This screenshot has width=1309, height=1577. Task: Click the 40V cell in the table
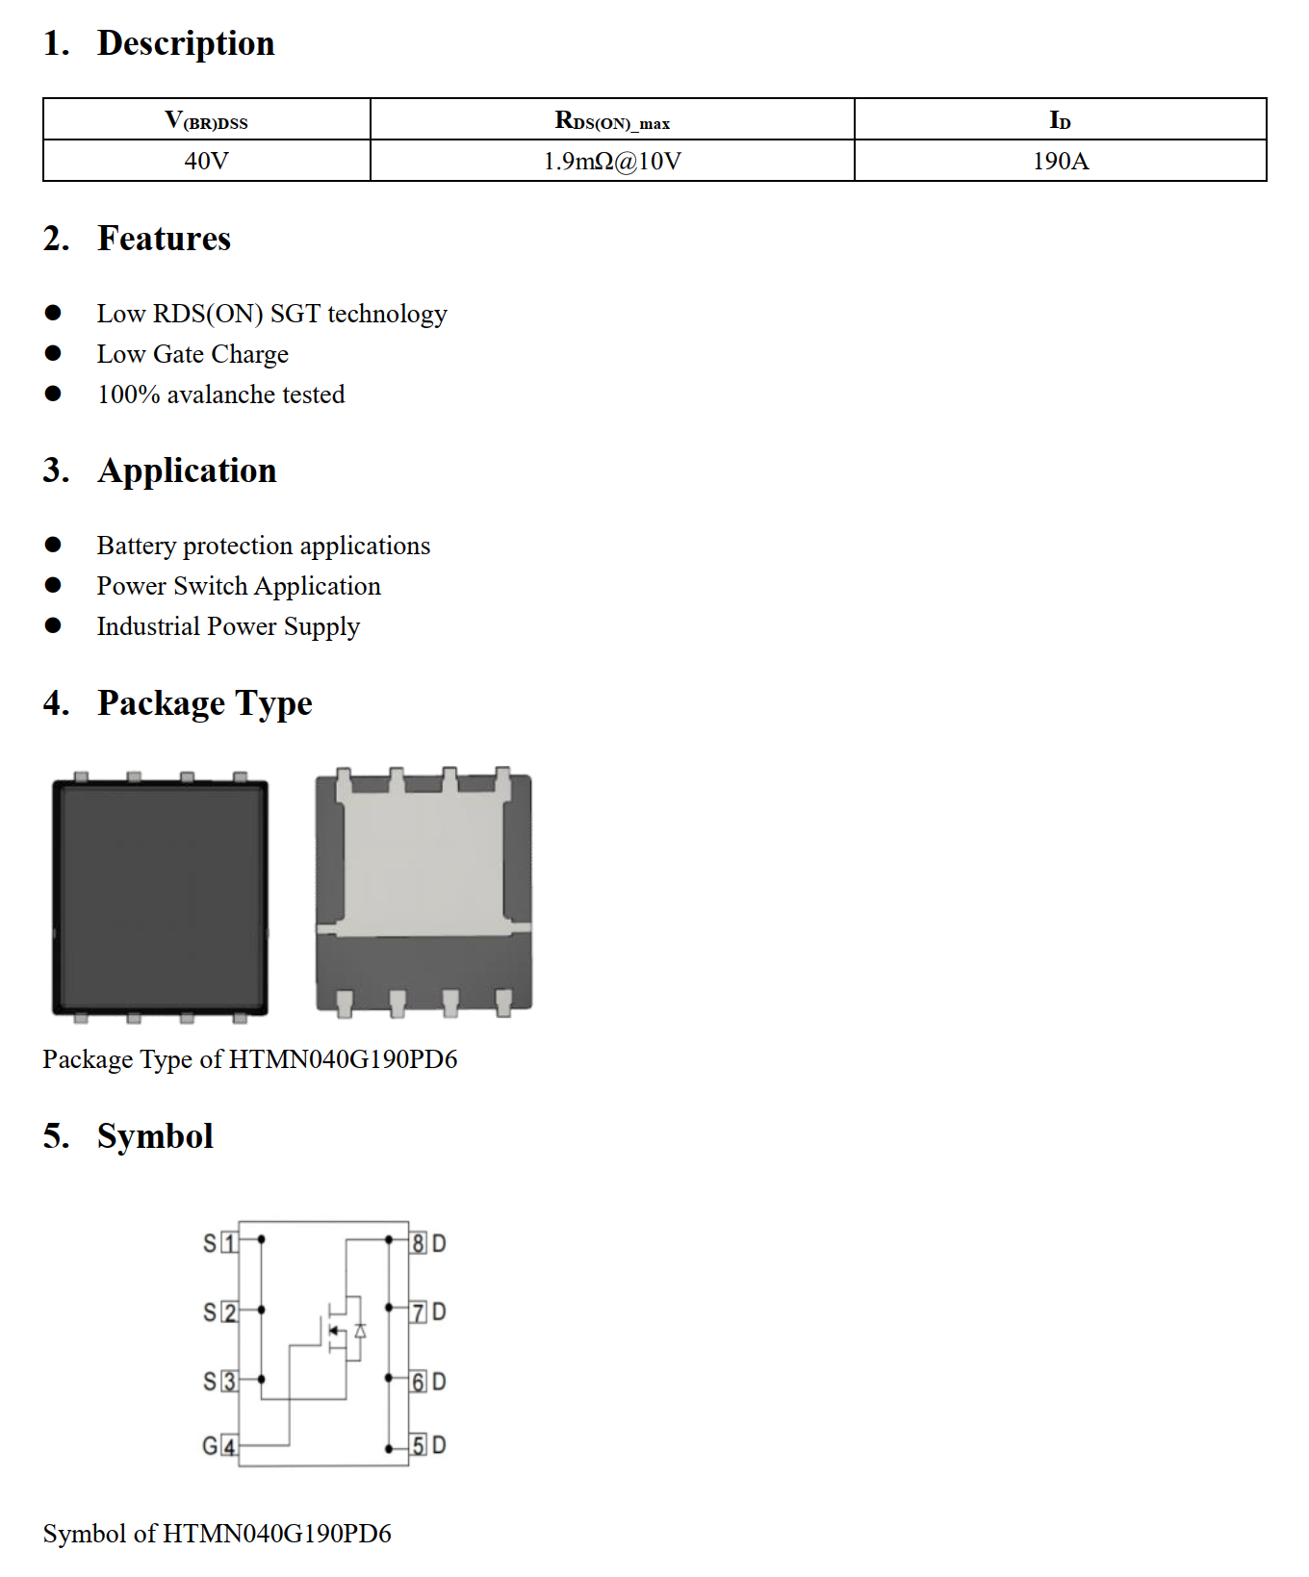click(x=206, y=161)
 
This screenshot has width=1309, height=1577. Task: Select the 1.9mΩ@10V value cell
click(x=612, y=161)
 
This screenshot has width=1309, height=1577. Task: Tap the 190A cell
click(x=1060, y=161)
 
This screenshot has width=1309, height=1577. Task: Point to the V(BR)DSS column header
click(x=206, y=120)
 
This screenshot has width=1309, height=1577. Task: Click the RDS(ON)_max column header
click(x=612, y=120)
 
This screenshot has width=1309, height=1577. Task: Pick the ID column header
click(x=1060, y=120)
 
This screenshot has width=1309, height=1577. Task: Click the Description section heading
click(x=185, y=43)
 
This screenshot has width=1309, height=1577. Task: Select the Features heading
click(x=164, y=239)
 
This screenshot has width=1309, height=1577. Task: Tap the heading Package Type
click(x=204, y=703)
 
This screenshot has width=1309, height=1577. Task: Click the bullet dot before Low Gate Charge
click(x=53, y=353)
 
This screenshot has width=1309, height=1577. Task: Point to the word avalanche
click(x=220, y=394)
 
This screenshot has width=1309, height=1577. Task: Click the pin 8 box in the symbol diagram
click(x=419, y=1243)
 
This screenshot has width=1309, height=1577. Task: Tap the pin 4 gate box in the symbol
click(x=229, y=1446)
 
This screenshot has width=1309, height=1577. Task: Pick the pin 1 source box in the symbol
click(x=229, y=1243)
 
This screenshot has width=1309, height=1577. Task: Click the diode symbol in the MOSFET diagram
click(x=360, y=1331)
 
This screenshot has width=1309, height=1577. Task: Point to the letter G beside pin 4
click(x=210, y=1446)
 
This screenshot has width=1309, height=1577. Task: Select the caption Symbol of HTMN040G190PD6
click(x=217, y=1534)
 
